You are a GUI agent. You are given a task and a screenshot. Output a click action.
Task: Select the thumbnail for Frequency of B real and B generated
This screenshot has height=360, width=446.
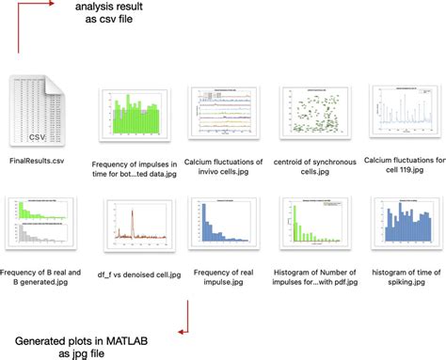pos(40,223)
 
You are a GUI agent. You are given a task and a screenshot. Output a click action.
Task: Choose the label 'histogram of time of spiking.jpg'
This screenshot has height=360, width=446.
pos(401,278)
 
